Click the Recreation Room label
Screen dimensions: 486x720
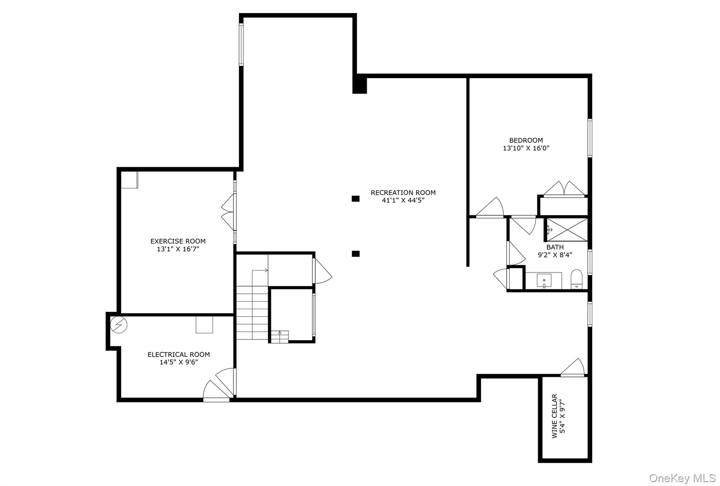coord(403,193)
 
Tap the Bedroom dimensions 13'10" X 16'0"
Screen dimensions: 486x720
coord(526,148)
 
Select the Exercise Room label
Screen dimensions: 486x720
coord(178,241)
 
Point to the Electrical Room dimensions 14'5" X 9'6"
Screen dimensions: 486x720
coord(179,362)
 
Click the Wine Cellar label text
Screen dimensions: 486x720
coord(555,416)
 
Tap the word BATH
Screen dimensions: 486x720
coord(555,247)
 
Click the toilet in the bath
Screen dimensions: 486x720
coord(577,279)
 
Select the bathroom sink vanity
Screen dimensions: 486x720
coord(544,280)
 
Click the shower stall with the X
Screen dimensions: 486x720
coord(566,230)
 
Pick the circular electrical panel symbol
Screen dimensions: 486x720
coord(118,325)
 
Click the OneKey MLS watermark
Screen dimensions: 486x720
coord(682,478)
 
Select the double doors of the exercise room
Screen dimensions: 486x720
coord(229,212)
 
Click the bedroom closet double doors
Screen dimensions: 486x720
coord(564,189)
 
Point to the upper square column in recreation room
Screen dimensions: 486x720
coord(355,199)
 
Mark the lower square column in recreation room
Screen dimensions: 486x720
coord(355,254)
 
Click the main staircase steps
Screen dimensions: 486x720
coord(252,313)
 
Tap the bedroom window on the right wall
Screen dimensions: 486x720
coord(590,138)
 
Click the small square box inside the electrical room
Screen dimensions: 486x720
coord(204,325)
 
